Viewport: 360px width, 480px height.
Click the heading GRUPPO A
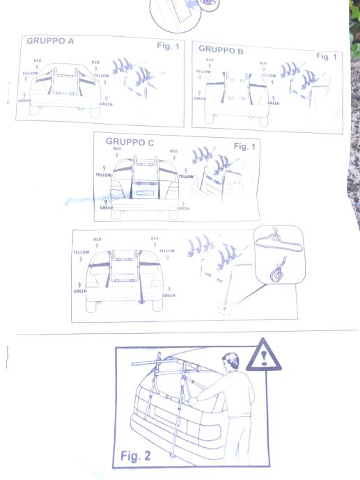click(50, 41)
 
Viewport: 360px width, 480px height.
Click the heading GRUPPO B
click(221, 49)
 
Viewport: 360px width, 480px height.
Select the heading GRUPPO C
click(130, 142)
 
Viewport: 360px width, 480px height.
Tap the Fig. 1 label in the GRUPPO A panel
click(168, 46)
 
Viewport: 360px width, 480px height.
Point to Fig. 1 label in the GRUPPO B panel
click(327, 56)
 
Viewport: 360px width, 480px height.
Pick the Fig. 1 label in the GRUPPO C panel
click(244, 146)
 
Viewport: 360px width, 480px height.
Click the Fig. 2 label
click(135, 456)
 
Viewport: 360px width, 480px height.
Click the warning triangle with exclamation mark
click(263, 355)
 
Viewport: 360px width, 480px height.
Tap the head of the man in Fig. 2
click(231, 362)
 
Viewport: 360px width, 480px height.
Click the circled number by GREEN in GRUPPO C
click(106, 202)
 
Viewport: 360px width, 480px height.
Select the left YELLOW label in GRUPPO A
click(30, 73)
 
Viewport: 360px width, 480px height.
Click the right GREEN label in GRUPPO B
click(273, 104)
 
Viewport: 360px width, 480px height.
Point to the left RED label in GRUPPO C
click(117, 149)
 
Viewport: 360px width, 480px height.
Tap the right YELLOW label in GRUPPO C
click(187, 177)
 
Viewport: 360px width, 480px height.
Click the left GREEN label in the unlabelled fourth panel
click(80, 291)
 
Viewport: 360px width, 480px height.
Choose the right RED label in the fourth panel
click(155, 238)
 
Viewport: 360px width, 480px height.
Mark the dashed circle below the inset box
click(225, 309)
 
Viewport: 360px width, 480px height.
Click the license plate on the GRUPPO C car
click(143, 193)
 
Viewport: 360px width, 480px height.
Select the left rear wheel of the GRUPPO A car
click(34, 110)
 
